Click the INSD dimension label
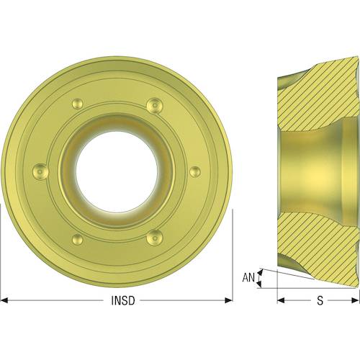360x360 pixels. [x=123, y=300]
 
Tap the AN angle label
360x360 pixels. [x=248, y=278]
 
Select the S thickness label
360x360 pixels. [x=320, y=300]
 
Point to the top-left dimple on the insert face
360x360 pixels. [x=78, y=104]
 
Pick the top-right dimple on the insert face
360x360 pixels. [x=155, y=105]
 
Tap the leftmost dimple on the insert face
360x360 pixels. [x=40, y=171]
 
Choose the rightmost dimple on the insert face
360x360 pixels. [x=195, y=172]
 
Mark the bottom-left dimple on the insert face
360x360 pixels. [x=78, y=239]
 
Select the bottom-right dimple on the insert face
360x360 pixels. [x=155, y=238]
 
